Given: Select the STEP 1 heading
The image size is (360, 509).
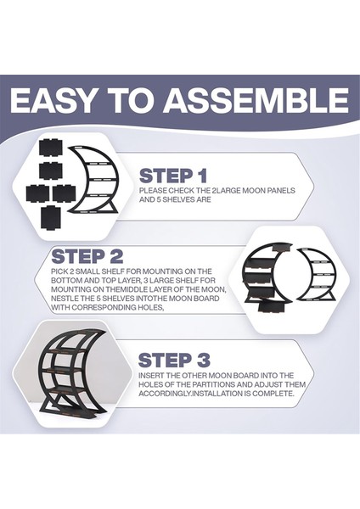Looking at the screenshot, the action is pos(173,176).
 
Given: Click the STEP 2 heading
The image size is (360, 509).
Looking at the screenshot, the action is pos(87,256).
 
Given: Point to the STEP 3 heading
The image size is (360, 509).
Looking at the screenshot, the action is pos(174,361).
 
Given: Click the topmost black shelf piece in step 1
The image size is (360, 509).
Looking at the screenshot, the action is pos(50,148).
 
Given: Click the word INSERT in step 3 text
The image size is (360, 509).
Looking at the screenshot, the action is pos(151,376).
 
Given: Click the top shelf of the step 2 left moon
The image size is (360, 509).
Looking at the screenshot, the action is pos(280,248).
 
